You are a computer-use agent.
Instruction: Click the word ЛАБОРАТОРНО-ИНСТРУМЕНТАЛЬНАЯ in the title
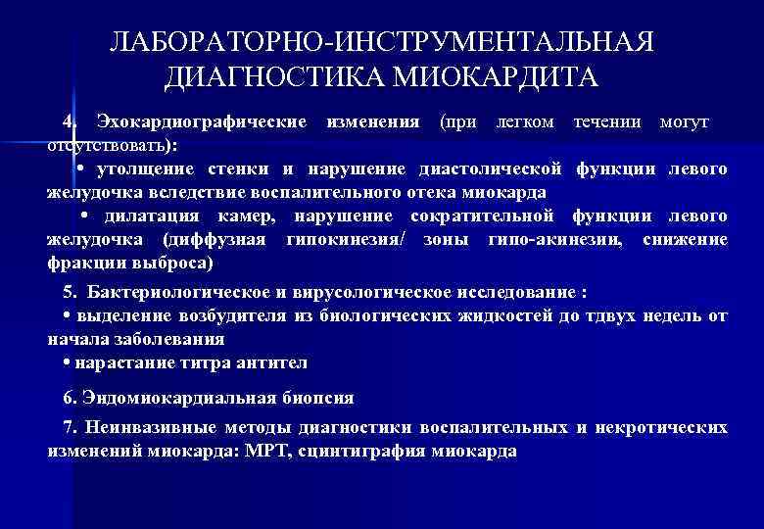pos(381,43)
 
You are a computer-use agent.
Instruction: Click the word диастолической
pos(493,169)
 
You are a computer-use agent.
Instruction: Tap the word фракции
pos(81,264)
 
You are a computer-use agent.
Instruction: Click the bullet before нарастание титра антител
pos(65,362)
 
